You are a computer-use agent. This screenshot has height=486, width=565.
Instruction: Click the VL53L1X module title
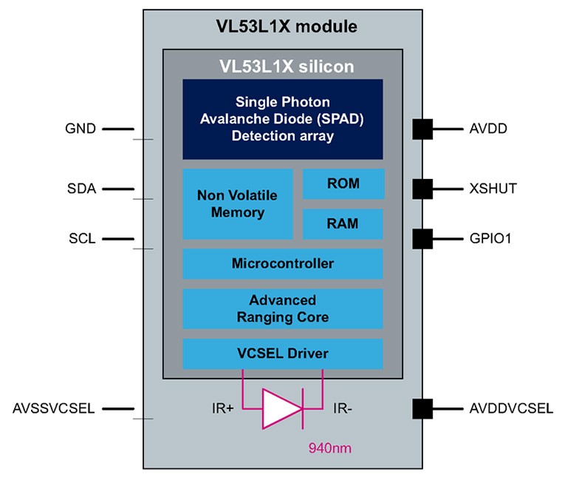click(x=283, y=27)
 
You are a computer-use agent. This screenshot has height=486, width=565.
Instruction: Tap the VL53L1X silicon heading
click(x=283, y=67)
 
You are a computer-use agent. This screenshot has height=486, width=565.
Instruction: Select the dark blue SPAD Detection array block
click(x=283, y=119)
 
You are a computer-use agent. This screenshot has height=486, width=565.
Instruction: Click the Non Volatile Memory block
click(x=237, y=204)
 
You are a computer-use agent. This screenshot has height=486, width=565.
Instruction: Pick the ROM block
click(x=343, y=183)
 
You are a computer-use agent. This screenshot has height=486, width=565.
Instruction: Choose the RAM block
click(x=343, y=223)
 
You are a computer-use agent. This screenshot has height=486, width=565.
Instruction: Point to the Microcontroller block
click(x=283, y=263)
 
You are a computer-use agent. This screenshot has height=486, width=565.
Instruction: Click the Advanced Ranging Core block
click(x=283, y=308)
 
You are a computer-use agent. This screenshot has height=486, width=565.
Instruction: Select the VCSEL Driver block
click(x=283, y=354)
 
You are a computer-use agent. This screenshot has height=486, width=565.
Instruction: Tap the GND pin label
click(x=81, y=129)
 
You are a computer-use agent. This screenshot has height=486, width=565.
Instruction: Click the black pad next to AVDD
click(x=422, y=129)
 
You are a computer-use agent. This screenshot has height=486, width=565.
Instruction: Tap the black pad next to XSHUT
click(x=422, y=189)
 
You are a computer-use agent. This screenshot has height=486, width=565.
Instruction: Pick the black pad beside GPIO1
click(x=422, y=238)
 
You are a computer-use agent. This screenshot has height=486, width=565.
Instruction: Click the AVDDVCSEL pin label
click(x=511, y=408)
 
